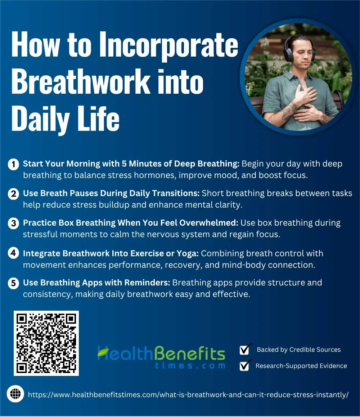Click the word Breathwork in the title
pos(81,81)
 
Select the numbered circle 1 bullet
pos(13,164)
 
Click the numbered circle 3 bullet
pos(13,223)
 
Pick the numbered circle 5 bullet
pos(13,283)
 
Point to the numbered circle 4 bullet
pos(13,253)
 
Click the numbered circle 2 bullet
pos(13,194)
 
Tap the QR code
pos(46,343)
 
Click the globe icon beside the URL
pos(15,394)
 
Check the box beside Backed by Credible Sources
pos(244,350)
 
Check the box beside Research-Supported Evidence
pos(244,365)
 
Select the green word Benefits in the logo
pos(190,353)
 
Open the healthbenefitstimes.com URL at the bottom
pos(188,395)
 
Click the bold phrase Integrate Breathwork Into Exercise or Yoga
pos(111,253)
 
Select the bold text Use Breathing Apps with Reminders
pos(96,283)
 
